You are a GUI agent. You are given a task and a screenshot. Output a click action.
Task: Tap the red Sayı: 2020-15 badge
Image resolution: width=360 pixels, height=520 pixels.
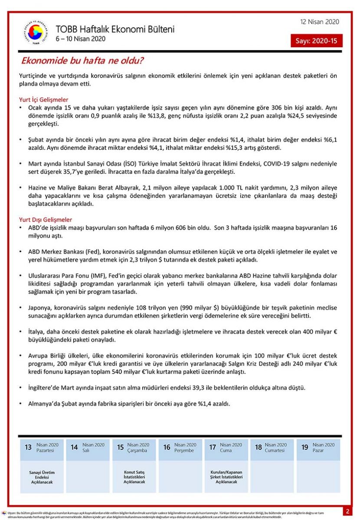[x=317, y=41]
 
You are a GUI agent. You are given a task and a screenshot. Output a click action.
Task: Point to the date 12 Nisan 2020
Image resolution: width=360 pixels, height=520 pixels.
[x=320, y=22]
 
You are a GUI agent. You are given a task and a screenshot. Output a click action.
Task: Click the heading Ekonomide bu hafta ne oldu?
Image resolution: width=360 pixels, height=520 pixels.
[x=83, y=61]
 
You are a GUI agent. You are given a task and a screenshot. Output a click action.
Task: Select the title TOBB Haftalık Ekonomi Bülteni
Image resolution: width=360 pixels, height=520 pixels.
[x=115, y=29]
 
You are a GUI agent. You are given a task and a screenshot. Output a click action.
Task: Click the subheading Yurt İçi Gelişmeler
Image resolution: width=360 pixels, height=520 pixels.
[x=44, y=100]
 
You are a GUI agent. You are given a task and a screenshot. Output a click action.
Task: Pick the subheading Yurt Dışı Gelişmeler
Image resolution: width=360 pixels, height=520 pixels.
[x=46, y=220]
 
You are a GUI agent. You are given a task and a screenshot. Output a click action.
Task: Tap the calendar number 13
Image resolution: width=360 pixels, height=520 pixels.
[x=28, y=447]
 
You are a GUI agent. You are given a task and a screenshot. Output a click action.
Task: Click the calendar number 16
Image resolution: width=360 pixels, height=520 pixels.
[x=167, y=447]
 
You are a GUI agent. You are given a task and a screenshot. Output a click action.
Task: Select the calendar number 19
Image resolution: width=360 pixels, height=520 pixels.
[x=305, y=447]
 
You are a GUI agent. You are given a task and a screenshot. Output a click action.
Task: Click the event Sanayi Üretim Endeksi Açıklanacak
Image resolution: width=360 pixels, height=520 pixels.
[x=42, y=477]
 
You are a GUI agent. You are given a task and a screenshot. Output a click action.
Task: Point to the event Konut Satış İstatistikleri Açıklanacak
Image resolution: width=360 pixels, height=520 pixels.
[x=134, y=477]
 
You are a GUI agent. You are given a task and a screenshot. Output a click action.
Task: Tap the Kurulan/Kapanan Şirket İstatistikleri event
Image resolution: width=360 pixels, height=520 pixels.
[x=226, y=477]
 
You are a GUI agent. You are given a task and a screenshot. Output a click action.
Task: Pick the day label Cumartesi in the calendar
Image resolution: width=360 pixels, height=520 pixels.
[x=275, y=451]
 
